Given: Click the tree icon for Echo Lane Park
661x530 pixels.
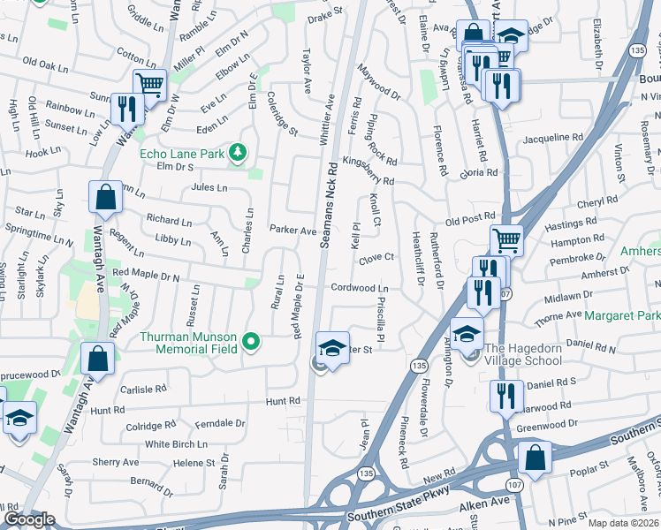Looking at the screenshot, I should tap(237, 154).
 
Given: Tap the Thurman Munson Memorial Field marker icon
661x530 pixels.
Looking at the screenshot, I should tap(251, 341).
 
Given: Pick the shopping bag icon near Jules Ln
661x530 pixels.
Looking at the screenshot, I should tap(105, 198).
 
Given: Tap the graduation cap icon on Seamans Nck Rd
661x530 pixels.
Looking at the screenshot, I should tap(331, 348).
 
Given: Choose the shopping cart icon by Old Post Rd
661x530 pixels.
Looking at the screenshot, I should tap(506, 239).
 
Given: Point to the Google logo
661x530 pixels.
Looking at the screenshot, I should tap(29, 519).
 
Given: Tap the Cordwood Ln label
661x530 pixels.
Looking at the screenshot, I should tap(360, 288).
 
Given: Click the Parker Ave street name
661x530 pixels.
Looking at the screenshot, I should tap(293, 231).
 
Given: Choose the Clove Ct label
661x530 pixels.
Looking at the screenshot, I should tap(376, 258).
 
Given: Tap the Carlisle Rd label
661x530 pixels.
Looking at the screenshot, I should tap(143, 389).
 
